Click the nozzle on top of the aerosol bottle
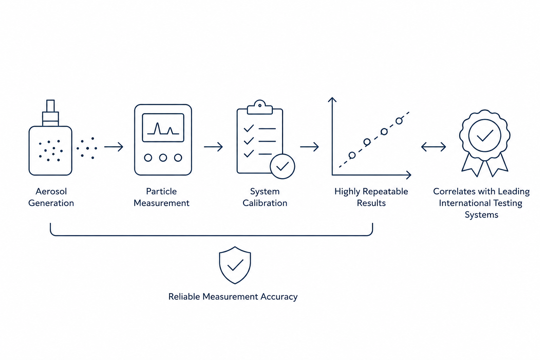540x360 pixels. click(50, 105)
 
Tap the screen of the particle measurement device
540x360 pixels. click(163, 128)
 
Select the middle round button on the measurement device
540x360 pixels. click(163, 158)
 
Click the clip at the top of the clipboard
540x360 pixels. click(260, 107)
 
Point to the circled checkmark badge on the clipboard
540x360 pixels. click(282, 166)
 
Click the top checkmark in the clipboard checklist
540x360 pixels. click(249, 128)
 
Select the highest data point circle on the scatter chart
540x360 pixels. click(399, 121)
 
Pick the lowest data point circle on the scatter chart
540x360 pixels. click(352, 155)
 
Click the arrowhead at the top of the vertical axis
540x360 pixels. click(332, 99)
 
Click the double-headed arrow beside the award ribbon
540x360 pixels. click(433, 147)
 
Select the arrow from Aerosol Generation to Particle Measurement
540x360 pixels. click(114, 147)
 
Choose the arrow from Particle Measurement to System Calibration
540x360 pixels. click(213, 147)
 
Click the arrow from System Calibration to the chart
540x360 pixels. click(309, 147)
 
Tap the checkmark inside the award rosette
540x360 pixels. click(485, 136)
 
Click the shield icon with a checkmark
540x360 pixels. click(235, 265)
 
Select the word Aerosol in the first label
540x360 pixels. click(51, 192)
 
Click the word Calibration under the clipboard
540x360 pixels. click(265, 203)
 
